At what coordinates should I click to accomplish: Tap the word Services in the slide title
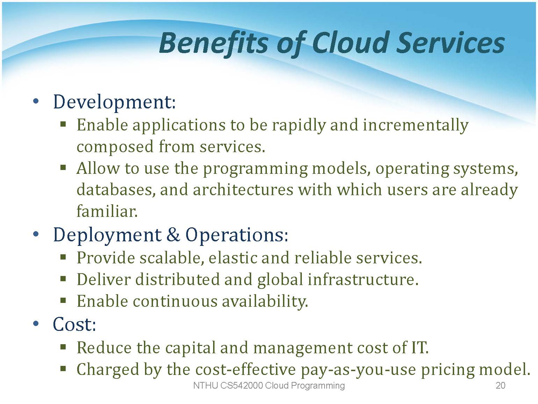click(451, 43)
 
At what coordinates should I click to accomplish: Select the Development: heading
click(115, 102)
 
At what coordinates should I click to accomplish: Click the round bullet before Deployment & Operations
click(36, 234)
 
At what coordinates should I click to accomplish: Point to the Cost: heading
click(74, 324)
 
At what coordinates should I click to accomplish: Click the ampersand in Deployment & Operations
click(173, 234)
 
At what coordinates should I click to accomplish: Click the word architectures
click(243, 190)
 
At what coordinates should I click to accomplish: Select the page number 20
click(501, 385)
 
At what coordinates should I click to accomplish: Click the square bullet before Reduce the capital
click(63, 347)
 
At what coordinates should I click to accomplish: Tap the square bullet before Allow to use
click(63, 168)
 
